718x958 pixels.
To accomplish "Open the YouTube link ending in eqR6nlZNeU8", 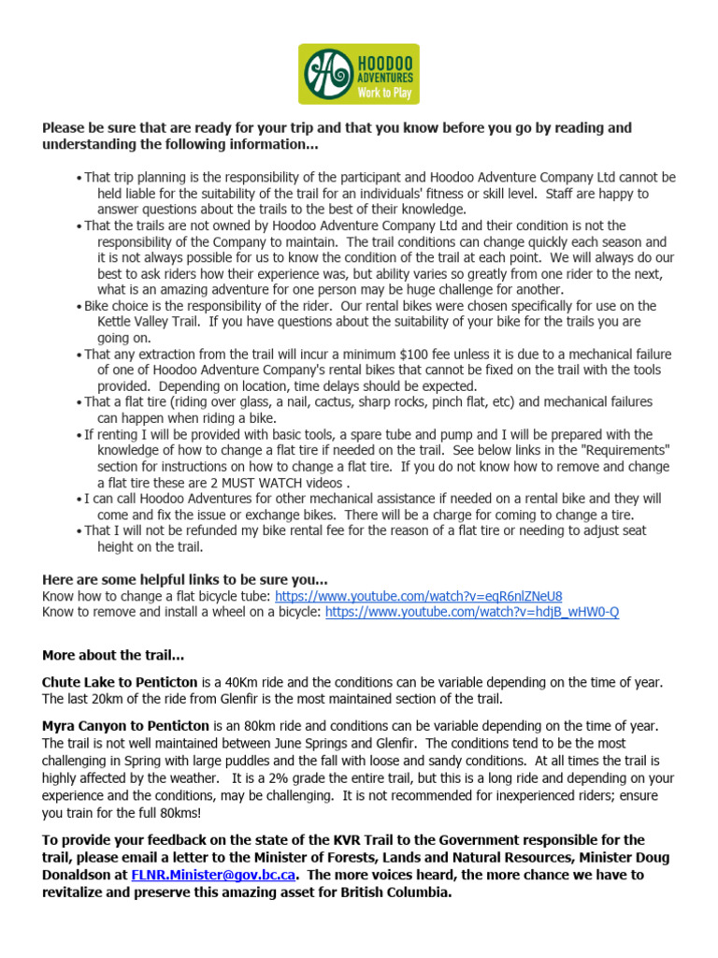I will pyautogui.click(x=418, y=596).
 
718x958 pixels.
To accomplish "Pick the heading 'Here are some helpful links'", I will pyautogui.click(x=184, y=579).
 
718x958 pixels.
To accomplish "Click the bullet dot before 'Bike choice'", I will pyautogui.click(x=79, y=307).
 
